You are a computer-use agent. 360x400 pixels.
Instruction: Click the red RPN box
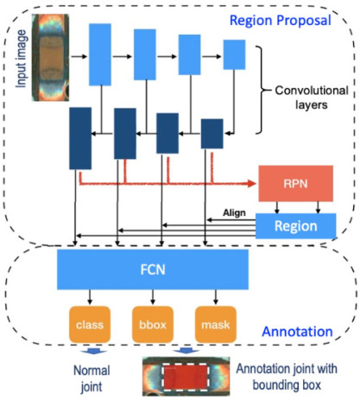(x=296, y=183)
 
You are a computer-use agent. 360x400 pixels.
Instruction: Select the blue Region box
(x=296, y=226)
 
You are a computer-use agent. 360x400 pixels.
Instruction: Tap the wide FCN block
(x=153, y=270)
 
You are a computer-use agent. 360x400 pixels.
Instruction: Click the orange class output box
(x=90, y=325)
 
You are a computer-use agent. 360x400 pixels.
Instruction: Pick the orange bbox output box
(x=153, y=325)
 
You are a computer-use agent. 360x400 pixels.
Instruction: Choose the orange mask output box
(x=216, y=325)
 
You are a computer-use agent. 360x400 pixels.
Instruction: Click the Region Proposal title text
(x=281, y=21)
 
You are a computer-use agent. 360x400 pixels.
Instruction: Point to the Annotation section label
(x=297, y=332)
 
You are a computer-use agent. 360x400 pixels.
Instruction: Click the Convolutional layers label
(x=312, y=98)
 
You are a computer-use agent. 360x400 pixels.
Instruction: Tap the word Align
(x=234, y=213)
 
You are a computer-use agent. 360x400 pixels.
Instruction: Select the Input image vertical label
(x=22, y=59)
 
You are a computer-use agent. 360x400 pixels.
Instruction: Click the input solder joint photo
(x=50, y=57)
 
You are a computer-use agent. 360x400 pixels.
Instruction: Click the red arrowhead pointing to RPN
(x=252, y=183)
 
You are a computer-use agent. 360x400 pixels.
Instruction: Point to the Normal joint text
(x=92, y=378)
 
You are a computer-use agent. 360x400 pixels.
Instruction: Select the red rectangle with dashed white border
(x=186, y=377)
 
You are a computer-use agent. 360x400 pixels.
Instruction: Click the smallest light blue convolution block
(x=235, y=54)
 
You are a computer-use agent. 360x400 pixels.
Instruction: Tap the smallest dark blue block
(x=212, y=134)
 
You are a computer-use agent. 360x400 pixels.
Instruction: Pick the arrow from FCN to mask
(x=216, y=297)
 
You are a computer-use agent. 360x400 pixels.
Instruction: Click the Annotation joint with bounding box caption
(x=287, y=377)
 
